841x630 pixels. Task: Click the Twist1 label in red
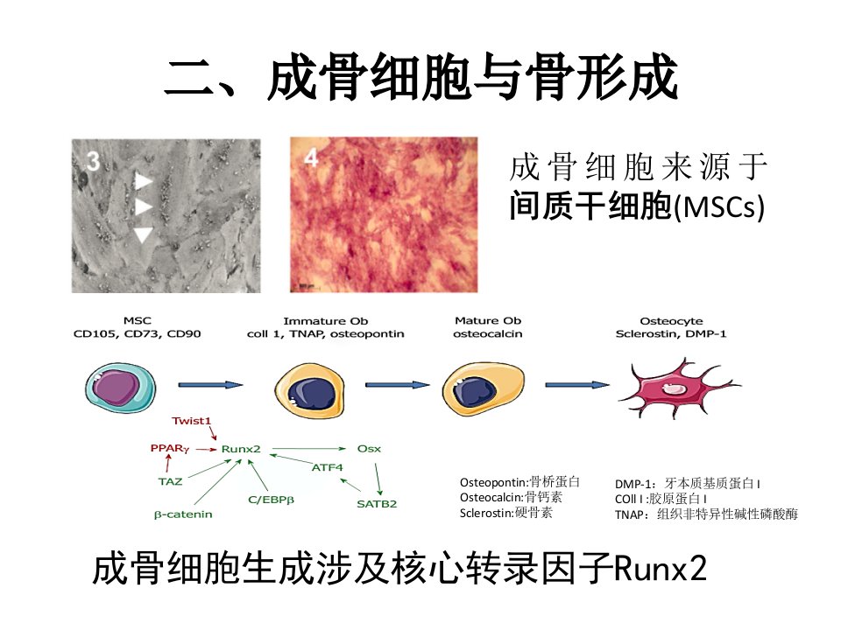(192, 421)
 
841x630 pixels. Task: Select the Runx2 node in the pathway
(241, 449)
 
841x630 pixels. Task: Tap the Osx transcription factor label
(369, 449)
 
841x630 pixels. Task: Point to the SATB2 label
(377, 504)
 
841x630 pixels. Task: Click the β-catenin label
(183, 514)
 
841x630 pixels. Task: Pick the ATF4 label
(327, 467)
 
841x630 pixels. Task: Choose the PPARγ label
(170, 448)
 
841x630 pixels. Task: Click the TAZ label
(171, 481)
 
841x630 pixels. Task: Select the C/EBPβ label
(271, 500)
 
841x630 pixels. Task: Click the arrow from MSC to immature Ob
(211, 385)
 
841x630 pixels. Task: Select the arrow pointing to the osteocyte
(577, 385)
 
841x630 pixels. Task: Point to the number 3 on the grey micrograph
(93, 161)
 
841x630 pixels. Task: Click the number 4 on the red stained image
(311, 157)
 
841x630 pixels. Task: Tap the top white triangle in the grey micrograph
(143, 181)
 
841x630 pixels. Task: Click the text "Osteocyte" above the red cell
(671, 321)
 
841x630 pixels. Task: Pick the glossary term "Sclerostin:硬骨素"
(505, 513)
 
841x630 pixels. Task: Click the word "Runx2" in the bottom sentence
(661, 569)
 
